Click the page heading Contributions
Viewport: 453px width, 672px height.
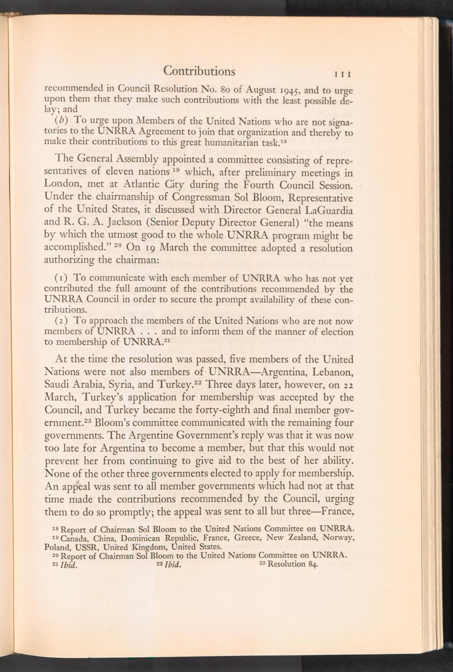(199, 71)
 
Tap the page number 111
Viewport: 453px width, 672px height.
(344, 74)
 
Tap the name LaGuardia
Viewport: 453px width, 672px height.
(329, 210)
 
